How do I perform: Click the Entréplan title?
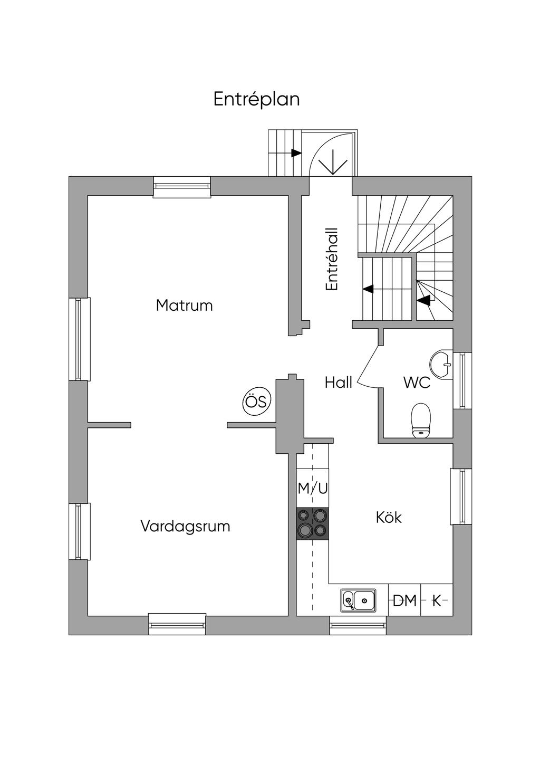tap(256, 99)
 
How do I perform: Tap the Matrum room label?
tap(184, 305)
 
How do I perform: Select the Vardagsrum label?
tap(185, 526)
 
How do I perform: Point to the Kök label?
tap(389, 518)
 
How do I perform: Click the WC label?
tap(417, 383)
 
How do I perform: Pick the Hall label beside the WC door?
tap(338, 383)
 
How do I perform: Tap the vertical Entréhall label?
tap(332, 259)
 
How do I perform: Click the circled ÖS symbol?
tap(257, 402)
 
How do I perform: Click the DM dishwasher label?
tap(404, 600)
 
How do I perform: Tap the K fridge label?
tap(437, 600)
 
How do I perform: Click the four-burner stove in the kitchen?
tap(312, 523)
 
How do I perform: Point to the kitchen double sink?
tap(359, 600)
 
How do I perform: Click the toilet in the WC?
tap(421, 421)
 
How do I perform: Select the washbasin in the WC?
tap(441, 364)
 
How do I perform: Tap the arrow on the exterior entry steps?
tap(295, 153)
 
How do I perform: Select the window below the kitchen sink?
tap(358, 625)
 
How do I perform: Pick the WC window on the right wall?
tap(462, 380)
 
